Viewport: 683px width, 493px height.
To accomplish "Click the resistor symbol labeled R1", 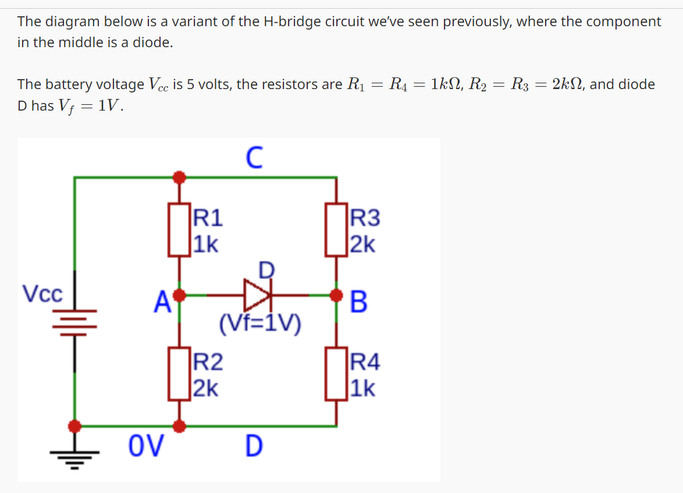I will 180,230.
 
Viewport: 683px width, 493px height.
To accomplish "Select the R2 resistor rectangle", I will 180,373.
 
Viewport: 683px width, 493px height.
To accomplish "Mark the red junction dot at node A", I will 180,296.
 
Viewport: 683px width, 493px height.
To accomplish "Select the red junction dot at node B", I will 336,296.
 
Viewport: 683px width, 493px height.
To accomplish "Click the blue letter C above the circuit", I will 254,158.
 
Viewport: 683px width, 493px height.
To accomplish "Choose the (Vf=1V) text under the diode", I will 260,324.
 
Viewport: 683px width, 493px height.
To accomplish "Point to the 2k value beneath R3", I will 362,244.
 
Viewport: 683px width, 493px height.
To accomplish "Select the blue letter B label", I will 360,302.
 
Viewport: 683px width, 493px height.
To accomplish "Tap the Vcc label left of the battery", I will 42,294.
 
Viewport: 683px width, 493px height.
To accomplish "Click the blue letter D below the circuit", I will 254,446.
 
